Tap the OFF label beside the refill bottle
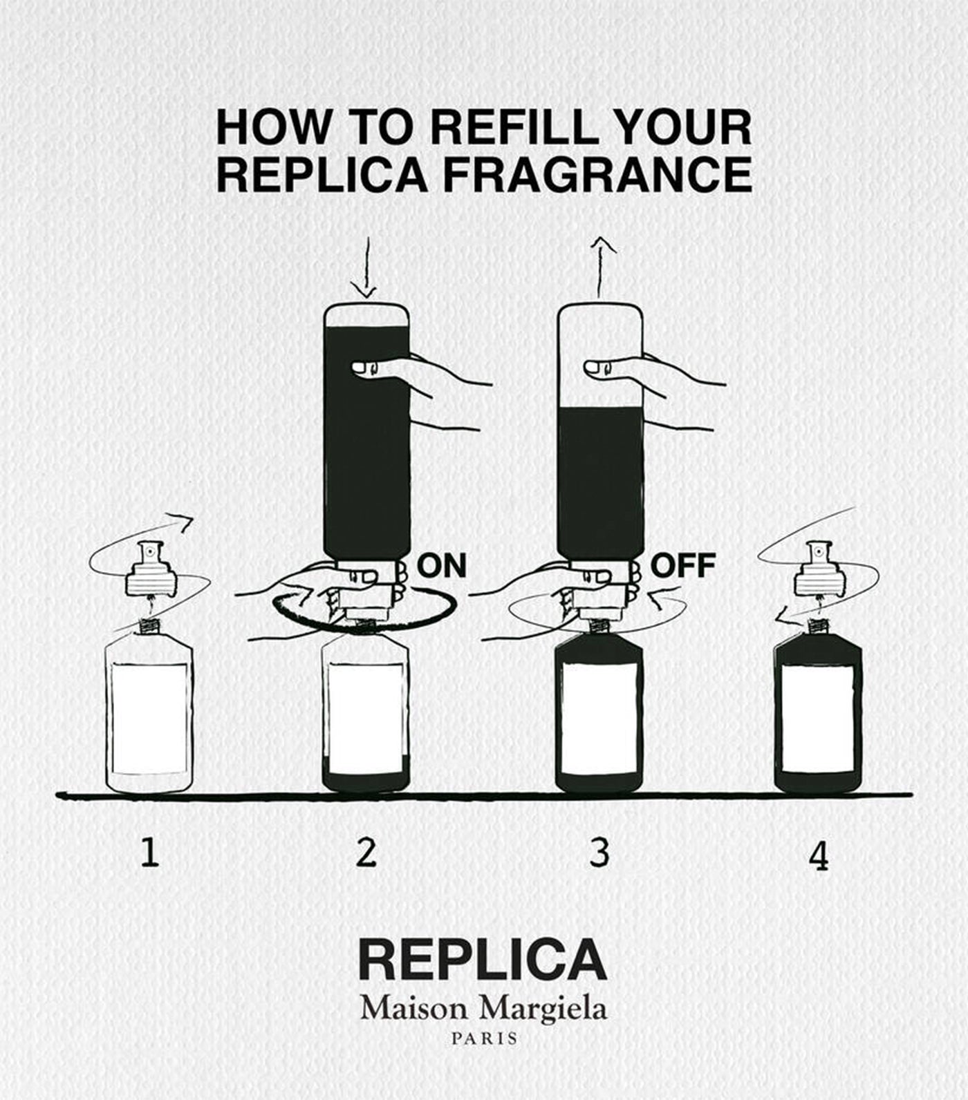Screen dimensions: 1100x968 pos(683,565)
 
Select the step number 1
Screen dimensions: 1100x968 pos(149,852)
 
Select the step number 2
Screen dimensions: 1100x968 pos(366,852)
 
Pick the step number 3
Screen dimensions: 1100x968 pos(599,852)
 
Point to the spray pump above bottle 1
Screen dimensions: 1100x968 pos(148,571)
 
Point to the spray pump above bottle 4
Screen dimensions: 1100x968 pos(817,571)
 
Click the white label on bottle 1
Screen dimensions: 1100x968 pos(149,719)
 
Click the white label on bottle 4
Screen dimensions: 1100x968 pos(817,719)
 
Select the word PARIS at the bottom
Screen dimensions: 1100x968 pos(484,1039)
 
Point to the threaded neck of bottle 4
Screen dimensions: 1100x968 pos(818,626)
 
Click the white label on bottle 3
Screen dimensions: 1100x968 pos(599,719)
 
